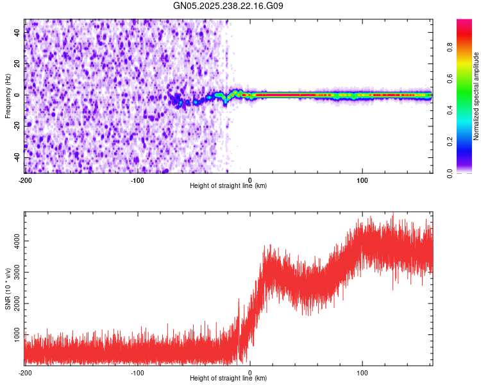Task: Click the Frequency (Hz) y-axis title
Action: (x=8, y=96)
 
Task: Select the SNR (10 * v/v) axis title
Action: (x=8, y=289)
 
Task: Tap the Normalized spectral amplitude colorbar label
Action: (x=477, y=96)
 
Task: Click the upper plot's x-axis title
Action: (x=228, y=186)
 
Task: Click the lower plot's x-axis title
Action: (x=228, y=379)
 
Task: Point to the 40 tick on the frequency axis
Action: (x=17, y=32)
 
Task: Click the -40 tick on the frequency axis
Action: (x=17, y=157)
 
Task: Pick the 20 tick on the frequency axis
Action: (x=17, y=64)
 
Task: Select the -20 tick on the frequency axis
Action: (x=17, y=126)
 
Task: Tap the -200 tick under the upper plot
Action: (x=25, y=180)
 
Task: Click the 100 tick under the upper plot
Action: (x=362, y=180)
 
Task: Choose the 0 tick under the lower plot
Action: (x=250, y=372)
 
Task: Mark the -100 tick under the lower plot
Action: (x=137, y=372)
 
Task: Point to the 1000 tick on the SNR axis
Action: (x=17, y=334)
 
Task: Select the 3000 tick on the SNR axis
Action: (x=17, y=271)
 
